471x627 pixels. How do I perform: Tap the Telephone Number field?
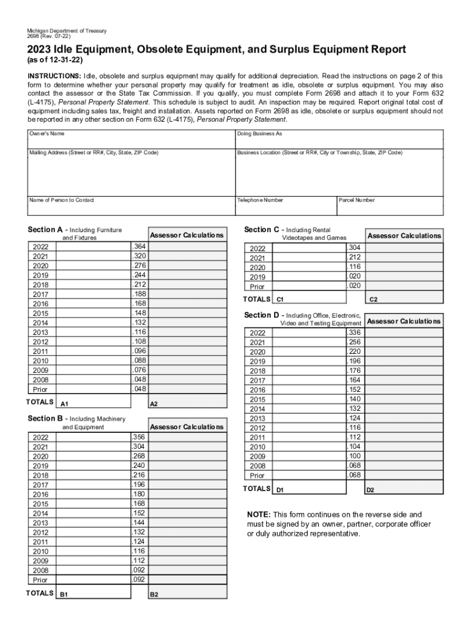[x=286, y=206]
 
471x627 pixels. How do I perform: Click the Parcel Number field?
[x=390, y=206]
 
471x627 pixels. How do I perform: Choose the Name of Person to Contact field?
[x=131, y=206]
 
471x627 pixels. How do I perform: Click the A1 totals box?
[x=94, y=401]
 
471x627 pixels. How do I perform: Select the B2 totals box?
[x=187, y=592]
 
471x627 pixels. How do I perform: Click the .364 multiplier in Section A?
[x=139, y=246]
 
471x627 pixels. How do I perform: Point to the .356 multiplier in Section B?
[x=139, y=437]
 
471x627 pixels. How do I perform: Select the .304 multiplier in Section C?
[x=354, y=248]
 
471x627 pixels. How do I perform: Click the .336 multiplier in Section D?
[x=354, y=332]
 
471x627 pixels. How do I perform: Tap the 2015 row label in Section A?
[x=41, y=313]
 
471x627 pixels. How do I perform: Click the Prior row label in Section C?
[x=258, y=287]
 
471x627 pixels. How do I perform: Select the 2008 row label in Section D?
[x=258, y=466]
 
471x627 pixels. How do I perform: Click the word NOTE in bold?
[x=259, y=515]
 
